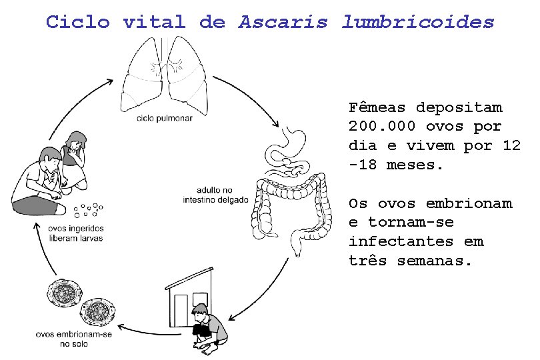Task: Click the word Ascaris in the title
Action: [x=283, y=22]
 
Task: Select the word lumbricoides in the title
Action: [x=418, y=22]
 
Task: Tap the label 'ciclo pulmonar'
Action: [x=165, y=118]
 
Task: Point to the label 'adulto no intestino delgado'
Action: [x=215, y=194]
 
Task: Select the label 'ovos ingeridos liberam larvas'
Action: [x=76, y=233]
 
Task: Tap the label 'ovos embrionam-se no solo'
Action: [x=73, y=339]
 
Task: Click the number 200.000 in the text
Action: [x=377, y=127]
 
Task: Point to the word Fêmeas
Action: [x=377, y=107]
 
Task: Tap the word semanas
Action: [x=435, y=261]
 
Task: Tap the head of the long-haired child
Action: [x=75, y=142]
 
